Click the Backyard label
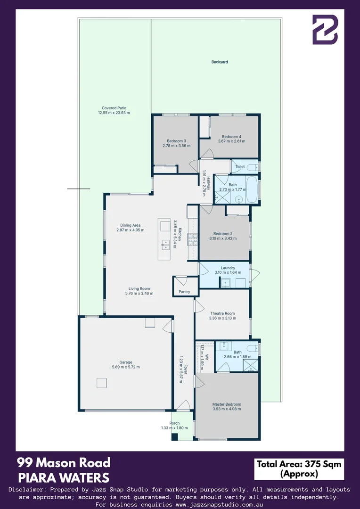point(220,62)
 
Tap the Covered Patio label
point(114,107)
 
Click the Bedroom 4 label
point(231,137)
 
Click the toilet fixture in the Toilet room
point(253,166)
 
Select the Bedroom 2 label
point(223,233)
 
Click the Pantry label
point(184,292)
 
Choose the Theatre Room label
point(222,313)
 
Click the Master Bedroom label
point(227,404)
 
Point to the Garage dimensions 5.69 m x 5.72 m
point(125,367)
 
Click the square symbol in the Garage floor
point(102,383)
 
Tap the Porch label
point(174,423)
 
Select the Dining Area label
point(130,225)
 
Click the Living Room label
point(139,288)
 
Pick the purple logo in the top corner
point(325,30)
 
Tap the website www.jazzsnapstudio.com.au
point(219,504)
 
